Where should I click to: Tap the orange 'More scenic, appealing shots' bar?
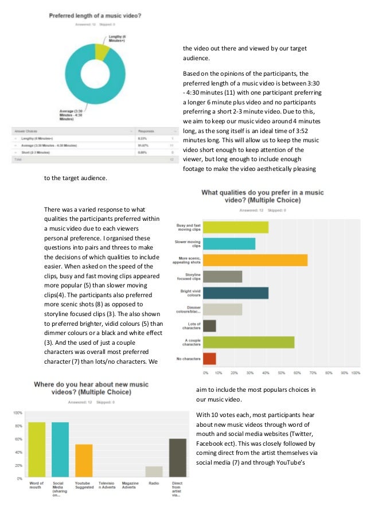click(x=255, y=260)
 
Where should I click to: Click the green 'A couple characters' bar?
click(x=249, y=342)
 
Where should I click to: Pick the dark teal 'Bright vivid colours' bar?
click(x=236, y=293)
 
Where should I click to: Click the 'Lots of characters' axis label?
click(x=188, y=326)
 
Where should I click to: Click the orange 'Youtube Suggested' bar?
click(x=84, y=461)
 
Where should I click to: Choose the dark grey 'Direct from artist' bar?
click(x=178, y=457)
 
